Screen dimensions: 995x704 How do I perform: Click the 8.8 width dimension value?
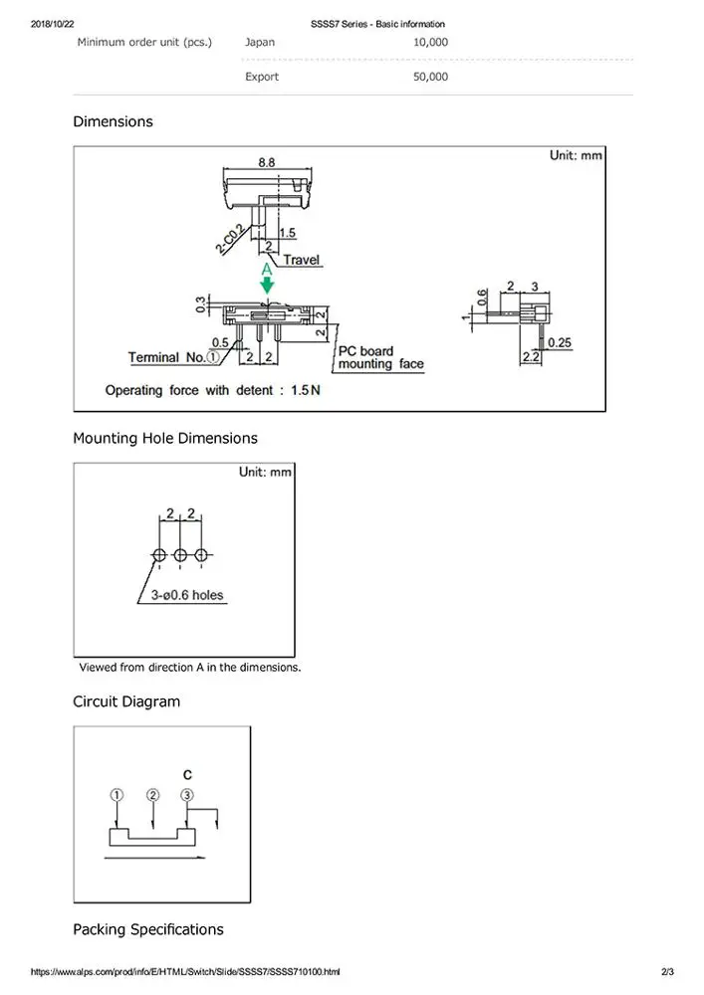pyautogui.click(x=267, y=161)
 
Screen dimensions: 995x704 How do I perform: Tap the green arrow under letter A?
pyautogui.click(x=267, y=285)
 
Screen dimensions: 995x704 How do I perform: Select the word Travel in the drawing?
pyautogui.click(x=302, y=261)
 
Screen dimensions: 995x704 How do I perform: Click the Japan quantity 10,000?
pyautogui.click(x=430, y=43)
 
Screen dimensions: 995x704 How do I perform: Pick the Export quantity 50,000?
pyautogui.click(x=430, y=77)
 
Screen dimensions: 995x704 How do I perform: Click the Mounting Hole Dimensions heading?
pyautogui.click(x=165, y=438)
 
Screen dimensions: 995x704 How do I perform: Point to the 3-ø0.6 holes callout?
pyautogui.click(x=188, y=596)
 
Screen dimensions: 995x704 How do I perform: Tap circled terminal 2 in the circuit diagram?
pyautogui.click(x=152, y=795)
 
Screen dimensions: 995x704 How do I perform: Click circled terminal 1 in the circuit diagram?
pyautogui.click(x=117, y=795)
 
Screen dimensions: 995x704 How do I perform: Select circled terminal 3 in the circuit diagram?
pyautogui.click(x=187, y=795)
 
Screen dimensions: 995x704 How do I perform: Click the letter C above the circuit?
pyautogui.click(x=187, y=774)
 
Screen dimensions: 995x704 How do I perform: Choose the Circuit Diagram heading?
pyautogui.click(x=126, y=701)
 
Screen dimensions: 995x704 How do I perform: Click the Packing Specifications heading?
pyautogui.click(x=148, y=929)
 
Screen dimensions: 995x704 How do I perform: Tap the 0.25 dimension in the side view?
pyautogui.click(x=560, y=342)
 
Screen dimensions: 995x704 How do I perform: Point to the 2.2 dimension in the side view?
pyautogui.click(x=531, y=356)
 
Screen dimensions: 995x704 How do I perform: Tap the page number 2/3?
pyautogui.click(x=667, y=971)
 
